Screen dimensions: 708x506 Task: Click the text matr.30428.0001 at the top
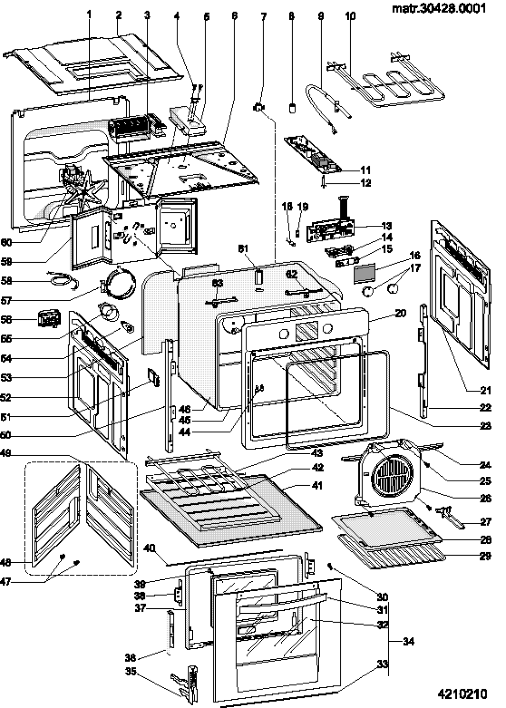tap(438, 9)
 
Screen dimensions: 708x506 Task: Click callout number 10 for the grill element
tap(350, 16)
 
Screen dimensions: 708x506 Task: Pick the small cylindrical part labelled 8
tap(292, 108)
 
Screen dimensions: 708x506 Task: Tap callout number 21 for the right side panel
tap(485, 390)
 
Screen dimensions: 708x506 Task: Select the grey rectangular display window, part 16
tap(364, 274)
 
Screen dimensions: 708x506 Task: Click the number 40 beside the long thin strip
tap(149, 548)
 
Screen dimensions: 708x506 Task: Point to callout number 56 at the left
tap(6, 320)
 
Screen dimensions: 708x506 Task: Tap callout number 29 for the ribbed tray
tap(485, 556)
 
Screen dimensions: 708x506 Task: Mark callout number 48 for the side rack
tap(6, 562)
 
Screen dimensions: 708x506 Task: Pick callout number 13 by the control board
tap(386, 226)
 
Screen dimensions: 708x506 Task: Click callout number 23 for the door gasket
tap(485, 426)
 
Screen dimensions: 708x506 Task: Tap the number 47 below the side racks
tap(6, 582)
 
